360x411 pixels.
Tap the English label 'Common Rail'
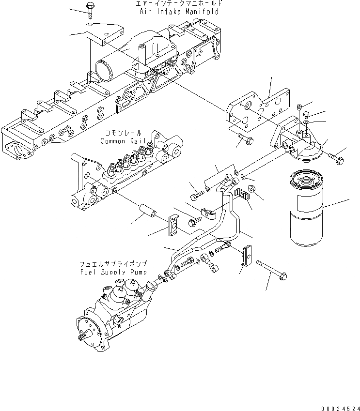pyautogui.click(x=121, y=141)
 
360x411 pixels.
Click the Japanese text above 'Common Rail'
pyautogui.click(x=121, y=133)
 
